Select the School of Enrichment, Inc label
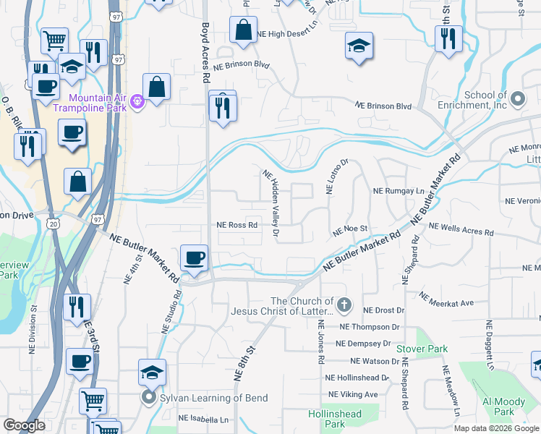(485, 100)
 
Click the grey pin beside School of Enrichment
(516, 98)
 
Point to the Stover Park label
(422, 349)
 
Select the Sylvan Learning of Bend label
(213, 398)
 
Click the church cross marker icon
(344, 306)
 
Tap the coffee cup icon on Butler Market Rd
(194, 258)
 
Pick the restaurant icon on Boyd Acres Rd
(223, 107)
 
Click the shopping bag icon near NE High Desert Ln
(244, 30)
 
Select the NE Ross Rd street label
(238, 225)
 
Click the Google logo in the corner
(24, 425)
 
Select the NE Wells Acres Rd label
(461, 230)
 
